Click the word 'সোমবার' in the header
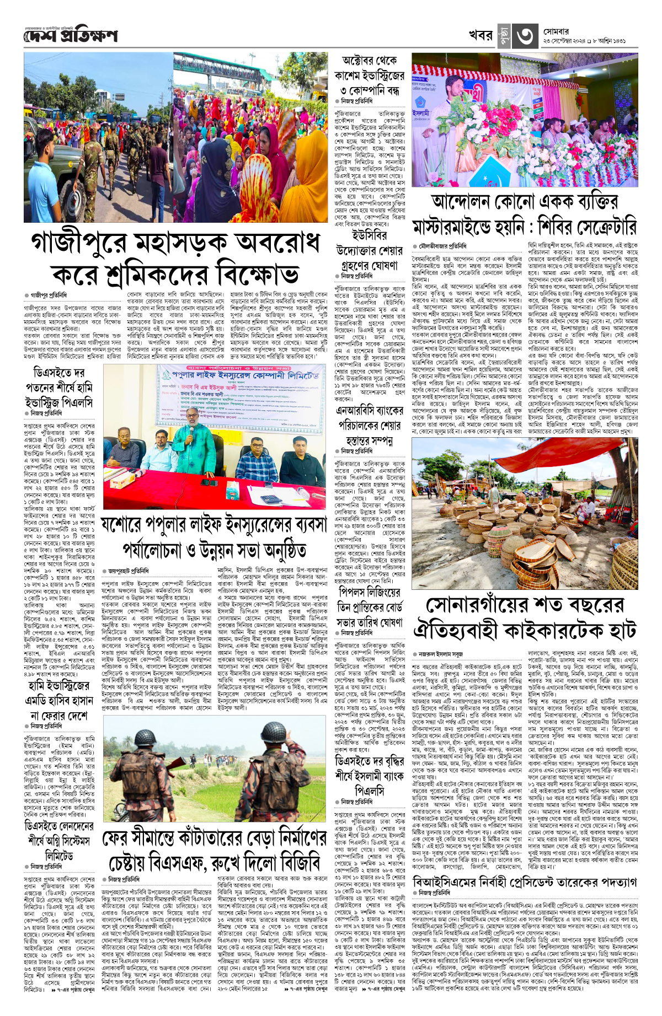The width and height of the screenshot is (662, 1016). click(556, 32)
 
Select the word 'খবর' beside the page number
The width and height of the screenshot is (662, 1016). click(481, 35)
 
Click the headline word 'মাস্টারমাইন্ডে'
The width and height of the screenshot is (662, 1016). click(468, 227)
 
